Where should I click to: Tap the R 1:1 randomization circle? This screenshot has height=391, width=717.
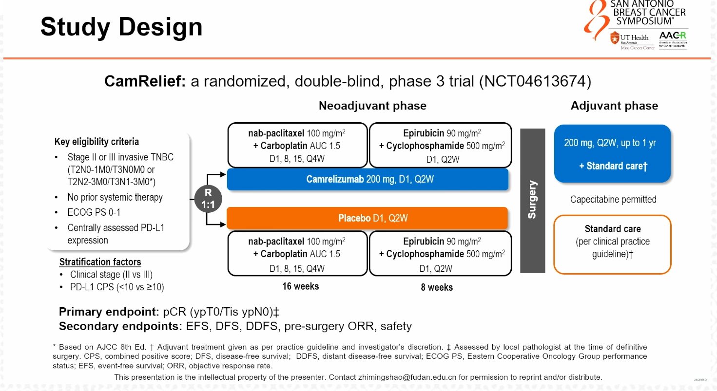point(208,199)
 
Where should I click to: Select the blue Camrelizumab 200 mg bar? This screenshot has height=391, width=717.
point(368,179)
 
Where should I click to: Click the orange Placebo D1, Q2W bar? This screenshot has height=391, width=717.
point(367,218)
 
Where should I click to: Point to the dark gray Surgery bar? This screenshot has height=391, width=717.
point(532,201)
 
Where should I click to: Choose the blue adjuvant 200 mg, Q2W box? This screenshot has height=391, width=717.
point(612,154)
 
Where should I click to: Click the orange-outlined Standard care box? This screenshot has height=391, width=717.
point(612,244)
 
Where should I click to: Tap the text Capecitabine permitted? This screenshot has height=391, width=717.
point(613,200)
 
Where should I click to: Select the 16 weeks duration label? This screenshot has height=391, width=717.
point(300,286)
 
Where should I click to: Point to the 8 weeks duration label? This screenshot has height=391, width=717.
point(437,287)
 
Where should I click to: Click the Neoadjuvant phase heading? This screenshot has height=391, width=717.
point(372,106)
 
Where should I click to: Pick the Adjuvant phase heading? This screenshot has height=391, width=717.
point(614,106)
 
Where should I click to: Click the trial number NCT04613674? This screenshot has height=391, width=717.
point(535,81)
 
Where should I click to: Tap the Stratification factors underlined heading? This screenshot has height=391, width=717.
point(100,262)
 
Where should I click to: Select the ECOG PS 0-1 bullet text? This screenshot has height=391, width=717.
point(94,212)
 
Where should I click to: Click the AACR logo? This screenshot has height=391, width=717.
point(673,39)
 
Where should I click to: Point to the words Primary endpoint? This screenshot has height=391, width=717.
point(109,312)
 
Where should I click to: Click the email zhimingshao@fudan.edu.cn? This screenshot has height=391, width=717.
point(407,377)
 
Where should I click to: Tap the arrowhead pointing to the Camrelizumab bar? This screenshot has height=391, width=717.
point(223,174)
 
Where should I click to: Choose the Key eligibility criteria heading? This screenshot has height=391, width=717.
point(97,142)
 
